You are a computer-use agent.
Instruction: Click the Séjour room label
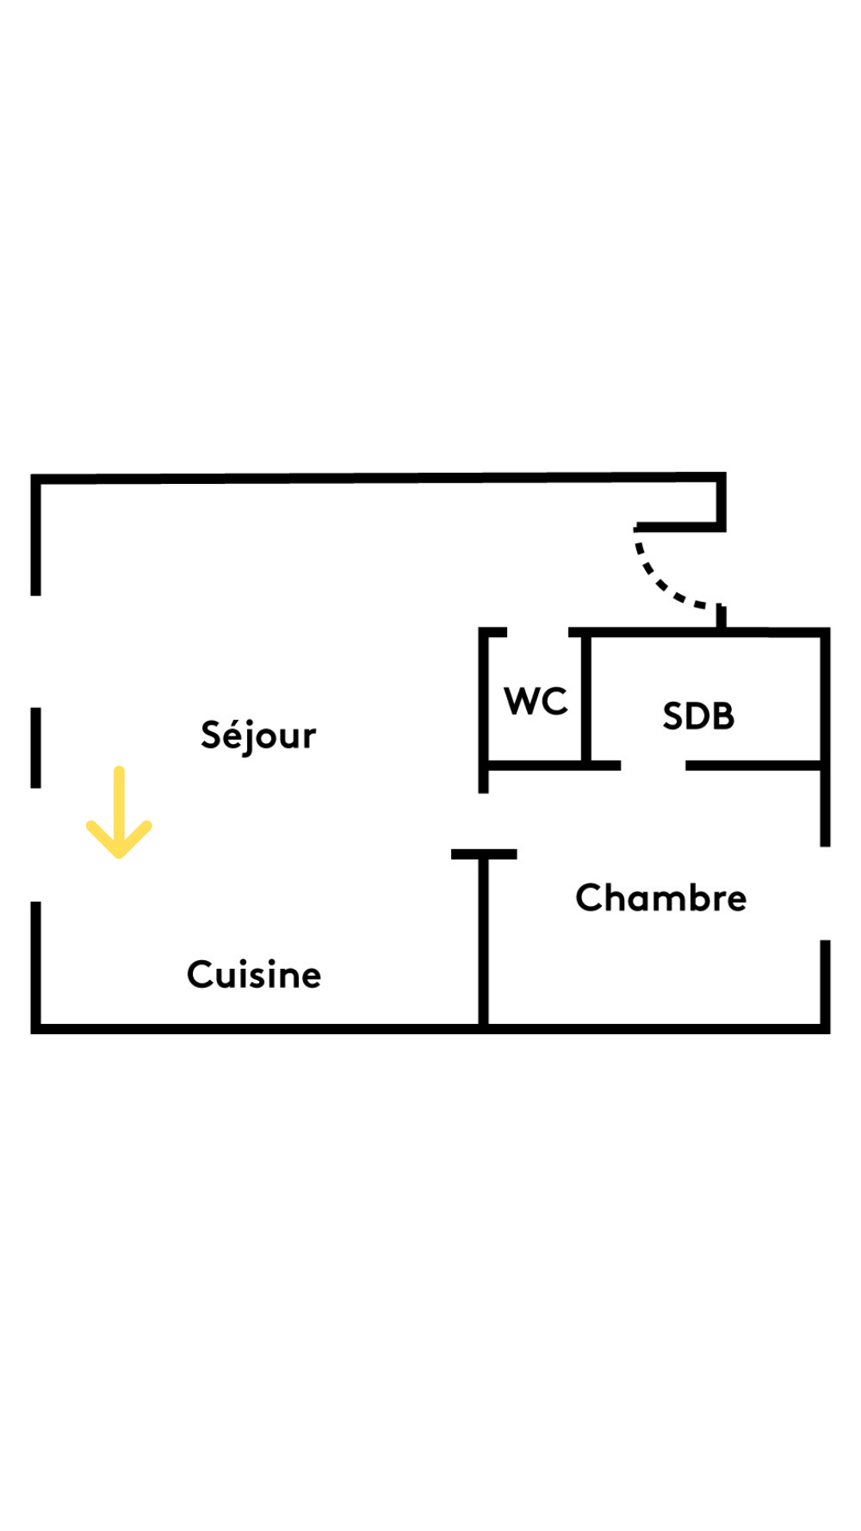258,735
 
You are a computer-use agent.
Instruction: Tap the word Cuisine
254,974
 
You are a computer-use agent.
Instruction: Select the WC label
536,702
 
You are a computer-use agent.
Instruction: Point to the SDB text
698,716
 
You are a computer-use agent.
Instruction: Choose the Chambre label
661,897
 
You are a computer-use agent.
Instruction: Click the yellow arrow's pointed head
119,855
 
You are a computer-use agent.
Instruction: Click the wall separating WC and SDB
586,698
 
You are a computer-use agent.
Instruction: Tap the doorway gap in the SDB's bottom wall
653,765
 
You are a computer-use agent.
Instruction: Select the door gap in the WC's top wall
537,632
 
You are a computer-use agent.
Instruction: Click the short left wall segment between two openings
36,748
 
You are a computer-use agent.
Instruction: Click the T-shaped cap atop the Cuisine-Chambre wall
484,854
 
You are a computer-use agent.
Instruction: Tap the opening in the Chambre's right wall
825,893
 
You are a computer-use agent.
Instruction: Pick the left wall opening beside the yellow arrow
36,845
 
